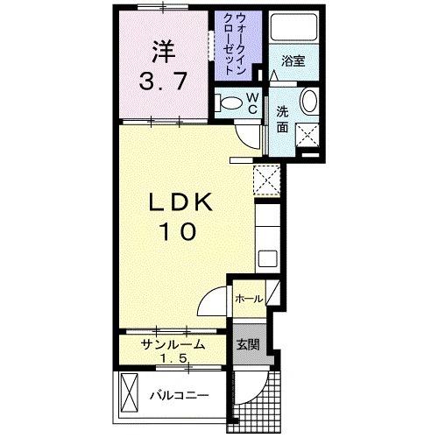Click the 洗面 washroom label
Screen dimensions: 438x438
pyautogui.click(x=282, y=119)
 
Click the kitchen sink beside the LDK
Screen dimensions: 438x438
pyautogui.click(x=268, y=258)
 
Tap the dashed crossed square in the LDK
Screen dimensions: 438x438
pyautogui.click(x=265, y=180)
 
